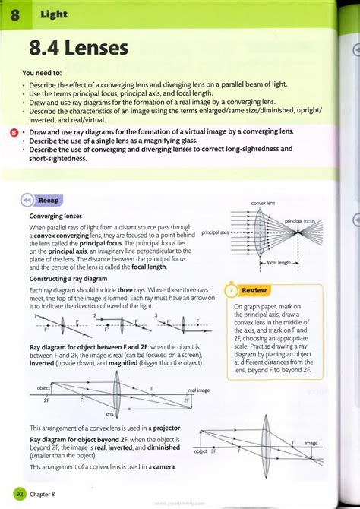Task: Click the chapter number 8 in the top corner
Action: click(x=15, y=14)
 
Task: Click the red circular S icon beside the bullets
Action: click(x=14, y=131)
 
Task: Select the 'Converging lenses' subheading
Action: click(x=55, y=217)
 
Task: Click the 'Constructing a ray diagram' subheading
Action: click(x=67, y=279)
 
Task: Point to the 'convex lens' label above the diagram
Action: click(x=262, y=204)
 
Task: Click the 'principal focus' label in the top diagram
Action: click(x=300, y=220)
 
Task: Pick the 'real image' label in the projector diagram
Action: click(x=198, y=390)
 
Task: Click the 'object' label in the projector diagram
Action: click(x=43, y=388)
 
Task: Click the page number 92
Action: click(x=20, y=494)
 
